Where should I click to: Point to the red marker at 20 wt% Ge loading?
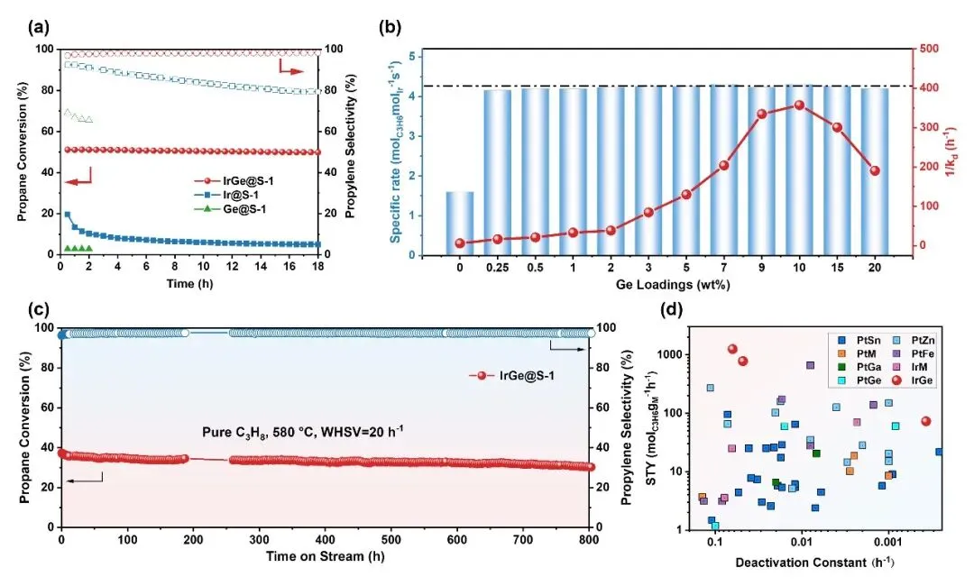tap(874, 170)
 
